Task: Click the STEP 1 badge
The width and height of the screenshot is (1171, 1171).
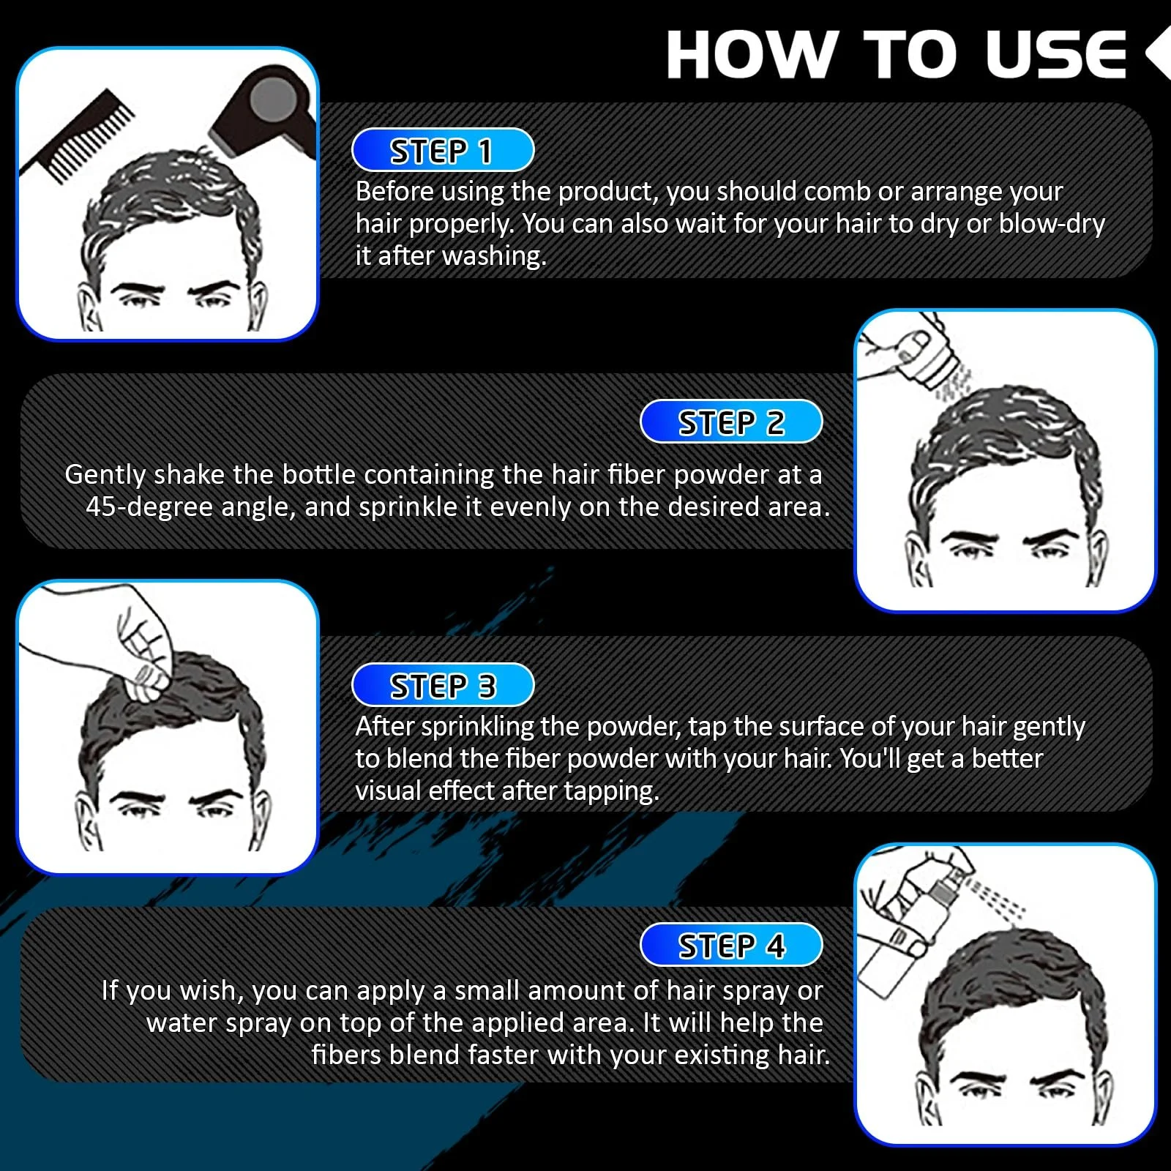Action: coord(443,151)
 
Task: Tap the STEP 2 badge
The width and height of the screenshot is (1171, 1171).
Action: coord(731,422)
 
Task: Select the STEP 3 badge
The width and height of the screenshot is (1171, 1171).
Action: coord(443,686)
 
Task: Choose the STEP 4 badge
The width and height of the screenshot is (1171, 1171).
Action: coord(731,945)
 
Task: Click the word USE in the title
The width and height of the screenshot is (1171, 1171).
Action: coord(1055,55)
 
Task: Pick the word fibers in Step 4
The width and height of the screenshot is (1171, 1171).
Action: coord(345,1055)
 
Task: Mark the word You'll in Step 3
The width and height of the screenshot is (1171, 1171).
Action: coord(869,758)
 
